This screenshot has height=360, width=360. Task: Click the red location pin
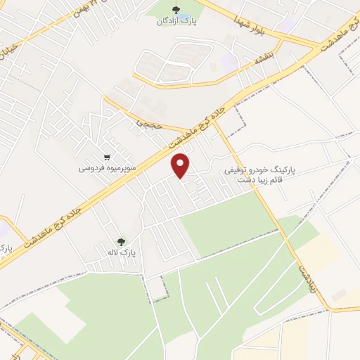pyautogui.click(x=182, y=165)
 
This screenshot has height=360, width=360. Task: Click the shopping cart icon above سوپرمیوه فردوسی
pyautogui.click(x=106, y=158)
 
